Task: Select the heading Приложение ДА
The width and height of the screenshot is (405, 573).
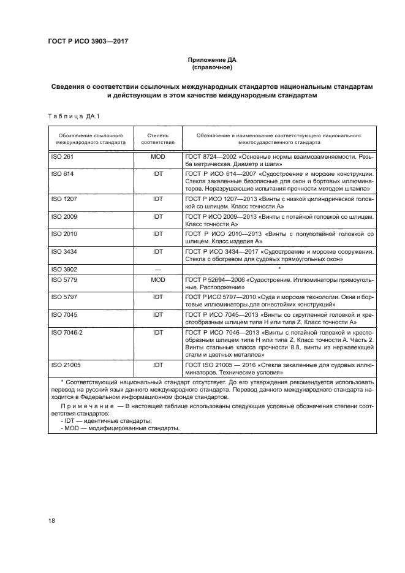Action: click(x=210, y=60)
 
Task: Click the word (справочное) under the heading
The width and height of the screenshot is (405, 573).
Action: click(x=210, y=68)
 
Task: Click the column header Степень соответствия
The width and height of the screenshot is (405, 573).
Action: click(x=158, y=137)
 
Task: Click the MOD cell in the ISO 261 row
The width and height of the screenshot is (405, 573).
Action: click(x=158, y=157)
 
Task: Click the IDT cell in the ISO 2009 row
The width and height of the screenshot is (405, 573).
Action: click(x=158, y=216)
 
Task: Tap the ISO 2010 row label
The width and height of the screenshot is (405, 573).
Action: click(x=63, y=233)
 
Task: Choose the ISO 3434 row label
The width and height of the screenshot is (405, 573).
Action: click(x=63, y=251)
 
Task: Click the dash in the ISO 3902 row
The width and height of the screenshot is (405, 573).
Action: click(x=158, y=268)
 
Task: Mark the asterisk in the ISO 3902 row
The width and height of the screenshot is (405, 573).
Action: click(x=279, y=268)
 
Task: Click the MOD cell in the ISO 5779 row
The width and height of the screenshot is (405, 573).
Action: click(x=158, y=279)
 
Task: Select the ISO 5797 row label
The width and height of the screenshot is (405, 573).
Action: click(x=63, y=296)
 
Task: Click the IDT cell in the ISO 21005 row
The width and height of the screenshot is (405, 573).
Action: click(x=158, y=364)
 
